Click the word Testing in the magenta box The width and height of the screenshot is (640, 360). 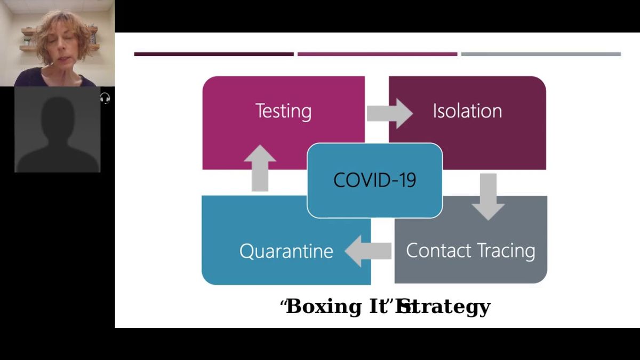click(283, 111)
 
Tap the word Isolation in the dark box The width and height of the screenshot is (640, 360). click(467, 111)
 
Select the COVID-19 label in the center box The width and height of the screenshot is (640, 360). click(374, 180)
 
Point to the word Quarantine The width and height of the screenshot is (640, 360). click(286, 251)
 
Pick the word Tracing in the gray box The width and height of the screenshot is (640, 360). click(506, 251)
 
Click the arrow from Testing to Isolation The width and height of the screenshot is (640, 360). click(389, 113)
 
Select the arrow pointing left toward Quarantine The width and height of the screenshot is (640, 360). click(368, 251)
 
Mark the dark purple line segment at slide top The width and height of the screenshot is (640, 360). click(213, 54)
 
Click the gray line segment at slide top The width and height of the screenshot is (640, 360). click(541, 54)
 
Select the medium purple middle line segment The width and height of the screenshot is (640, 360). click(377, 54)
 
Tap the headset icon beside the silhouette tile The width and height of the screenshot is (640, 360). click(105, 98)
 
